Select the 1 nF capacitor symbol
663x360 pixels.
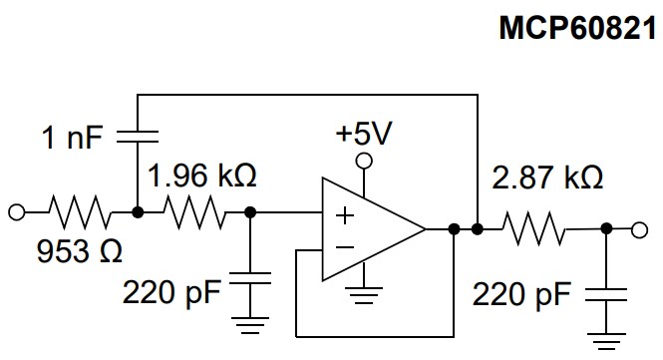click(x=137, y=135)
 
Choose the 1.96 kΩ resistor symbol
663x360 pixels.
click(x=197, y=211)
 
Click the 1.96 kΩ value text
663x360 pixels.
click(x=202, y=178)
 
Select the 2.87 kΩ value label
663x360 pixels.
click(x=547, y=180)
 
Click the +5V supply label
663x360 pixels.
click(x=365, y=134)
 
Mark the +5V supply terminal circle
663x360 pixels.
click(x=365, y=161)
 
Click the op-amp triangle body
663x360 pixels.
click(x=369, y=230)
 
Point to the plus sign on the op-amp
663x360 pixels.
click(x=343, y=214)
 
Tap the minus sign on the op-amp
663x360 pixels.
click(x=343, y=246)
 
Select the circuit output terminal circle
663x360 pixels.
click(x=639, y=230)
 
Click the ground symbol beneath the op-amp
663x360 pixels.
click(x=365, y=296)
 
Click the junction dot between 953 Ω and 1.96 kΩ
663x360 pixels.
click(x=137, y=211)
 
